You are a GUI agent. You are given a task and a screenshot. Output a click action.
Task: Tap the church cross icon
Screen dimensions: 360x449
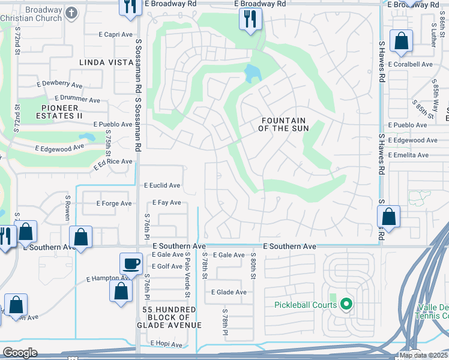point(71,12)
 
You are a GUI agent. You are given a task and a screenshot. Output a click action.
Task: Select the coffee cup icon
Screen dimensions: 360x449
point(131,263)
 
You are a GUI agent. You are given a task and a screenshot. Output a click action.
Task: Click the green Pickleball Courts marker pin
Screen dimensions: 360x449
point(345,305)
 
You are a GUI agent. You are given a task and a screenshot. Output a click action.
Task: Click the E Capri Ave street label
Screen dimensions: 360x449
point(116,35)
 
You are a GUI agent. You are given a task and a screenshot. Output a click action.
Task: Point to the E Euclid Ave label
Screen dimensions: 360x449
point(162,186)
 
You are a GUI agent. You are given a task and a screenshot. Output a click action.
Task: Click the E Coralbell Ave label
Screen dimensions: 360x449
point(411,64)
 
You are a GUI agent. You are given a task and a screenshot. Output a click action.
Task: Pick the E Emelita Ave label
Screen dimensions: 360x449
point(408,155)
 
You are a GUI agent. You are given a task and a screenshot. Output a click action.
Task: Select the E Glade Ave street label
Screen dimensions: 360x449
point(229,292)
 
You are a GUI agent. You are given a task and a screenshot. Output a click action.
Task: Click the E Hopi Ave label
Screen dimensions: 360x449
point(167,344)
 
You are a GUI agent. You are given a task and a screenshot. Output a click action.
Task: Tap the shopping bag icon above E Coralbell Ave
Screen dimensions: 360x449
point(401,41)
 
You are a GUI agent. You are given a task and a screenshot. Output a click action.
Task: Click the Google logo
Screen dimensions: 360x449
point(20,353)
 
